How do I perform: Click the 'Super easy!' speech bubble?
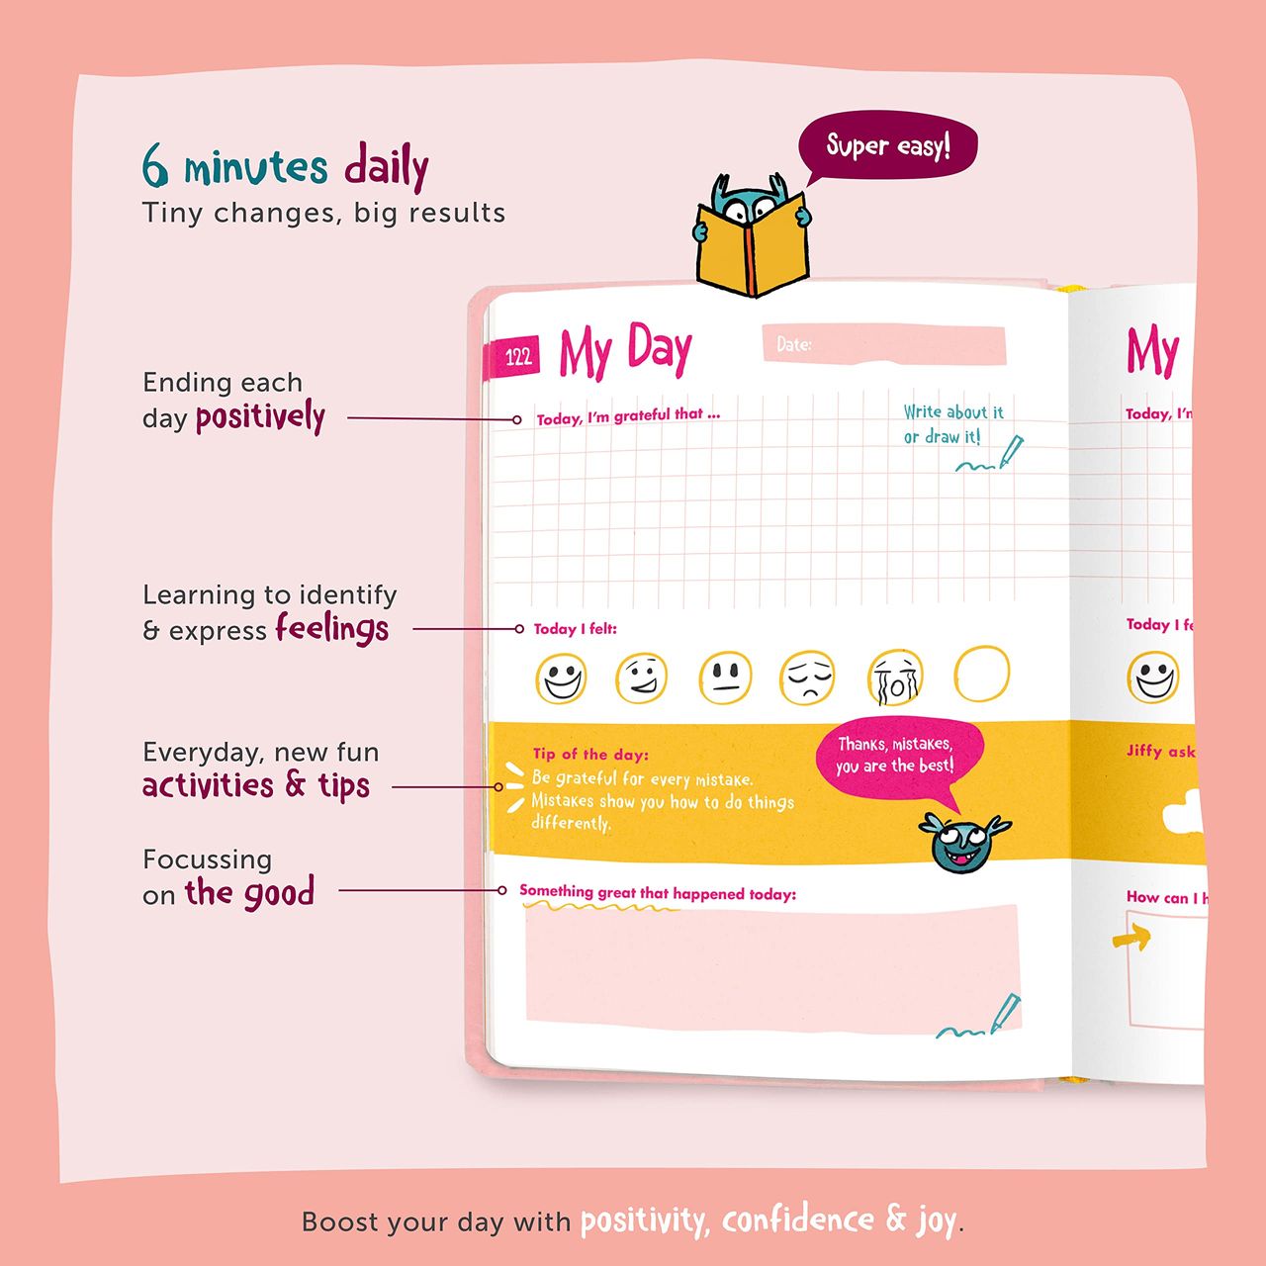click(887, 145)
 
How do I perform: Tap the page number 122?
click(518, 357)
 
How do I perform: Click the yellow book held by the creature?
click(753, 244)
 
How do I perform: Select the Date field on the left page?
click(883, 343)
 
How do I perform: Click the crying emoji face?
click(895, 678)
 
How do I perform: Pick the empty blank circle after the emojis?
click(981, 674)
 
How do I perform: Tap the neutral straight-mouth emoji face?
click(725, 678)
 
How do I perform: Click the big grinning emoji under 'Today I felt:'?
click(561, 678)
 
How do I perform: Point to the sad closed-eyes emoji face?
click(807, 678)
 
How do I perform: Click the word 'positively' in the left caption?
click(260, 417)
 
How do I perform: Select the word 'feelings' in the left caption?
click(331, 628)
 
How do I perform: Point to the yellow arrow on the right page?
click(1131, 937)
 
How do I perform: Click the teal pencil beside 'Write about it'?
click(1011, 452)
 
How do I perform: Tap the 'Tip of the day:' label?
click(589, 755)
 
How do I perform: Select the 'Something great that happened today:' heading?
click(658, 893)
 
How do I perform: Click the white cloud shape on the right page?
click(1185, 813)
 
